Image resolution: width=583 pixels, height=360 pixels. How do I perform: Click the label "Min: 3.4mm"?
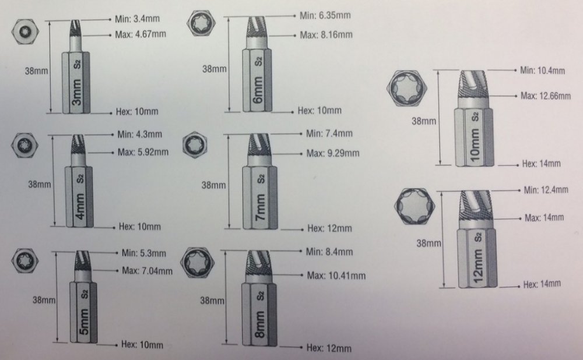137,18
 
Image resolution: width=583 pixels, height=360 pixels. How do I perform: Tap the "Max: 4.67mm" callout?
141,34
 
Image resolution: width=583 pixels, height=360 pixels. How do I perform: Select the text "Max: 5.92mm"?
143,152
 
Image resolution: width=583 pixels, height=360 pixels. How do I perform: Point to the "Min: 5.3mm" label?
144,253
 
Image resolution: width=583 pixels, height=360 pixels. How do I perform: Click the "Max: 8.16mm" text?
326,34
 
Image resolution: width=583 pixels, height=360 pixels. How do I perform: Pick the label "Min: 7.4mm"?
329,133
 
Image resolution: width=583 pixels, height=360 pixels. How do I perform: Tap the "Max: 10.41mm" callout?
336,276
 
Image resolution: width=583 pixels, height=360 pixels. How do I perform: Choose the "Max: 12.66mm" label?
546,96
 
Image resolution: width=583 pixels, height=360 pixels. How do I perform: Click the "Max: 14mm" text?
545,217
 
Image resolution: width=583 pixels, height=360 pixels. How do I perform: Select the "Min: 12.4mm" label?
546,190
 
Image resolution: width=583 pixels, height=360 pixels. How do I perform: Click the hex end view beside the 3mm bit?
25,31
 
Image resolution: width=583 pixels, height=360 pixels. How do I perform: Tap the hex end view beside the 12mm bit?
414,207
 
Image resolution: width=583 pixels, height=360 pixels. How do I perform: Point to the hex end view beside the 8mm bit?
197,262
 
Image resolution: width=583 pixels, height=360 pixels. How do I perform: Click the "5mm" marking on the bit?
84,321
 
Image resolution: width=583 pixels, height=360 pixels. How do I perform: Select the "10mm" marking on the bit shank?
475,145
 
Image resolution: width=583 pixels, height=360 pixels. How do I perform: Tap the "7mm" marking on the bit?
261,207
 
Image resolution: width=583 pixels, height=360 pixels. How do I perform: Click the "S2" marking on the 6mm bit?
258,61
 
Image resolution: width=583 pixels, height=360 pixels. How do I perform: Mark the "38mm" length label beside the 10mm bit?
423,121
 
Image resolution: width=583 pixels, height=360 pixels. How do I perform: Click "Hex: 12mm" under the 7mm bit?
329,228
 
